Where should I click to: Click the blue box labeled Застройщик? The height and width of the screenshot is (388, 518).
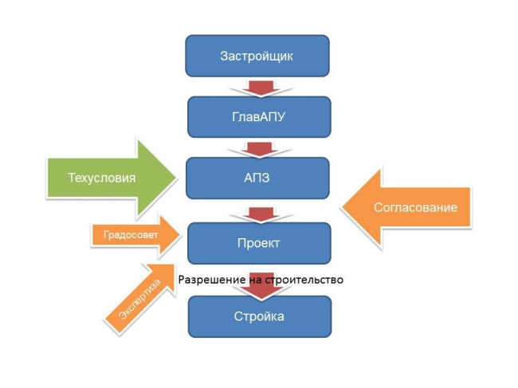click(x=257, y=56)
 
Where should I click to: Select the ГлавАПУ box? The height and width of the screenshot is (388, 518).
click(x=257, y=117)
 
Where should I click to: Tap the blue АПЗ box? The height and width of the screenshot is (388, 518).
click(x=257, y=178)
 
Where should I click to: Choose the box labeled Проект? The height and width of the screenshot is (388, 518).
click(x=257, y=242)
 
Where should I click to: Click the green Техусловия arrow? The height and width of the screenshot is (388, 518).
click(x=112, y=178)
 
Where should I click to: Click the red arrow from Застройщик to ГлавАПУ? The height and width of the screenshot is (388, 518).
click(x=257, y=85)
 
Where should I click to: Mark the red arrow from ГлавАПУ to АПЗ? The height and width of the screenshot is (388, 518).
click(x=257, y=147)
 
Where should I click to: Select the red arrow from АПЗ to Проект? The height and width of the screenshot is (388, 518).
click(x=257, y=212)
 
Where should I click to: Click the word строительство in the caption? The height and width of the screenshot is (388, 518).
click(x=307, y=280)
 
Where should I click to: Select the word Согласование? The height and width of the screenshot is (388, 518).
click(x=415, y=207)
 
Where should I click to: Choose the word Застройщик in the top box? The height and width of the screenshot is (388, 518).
click(x=257, y=56)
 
